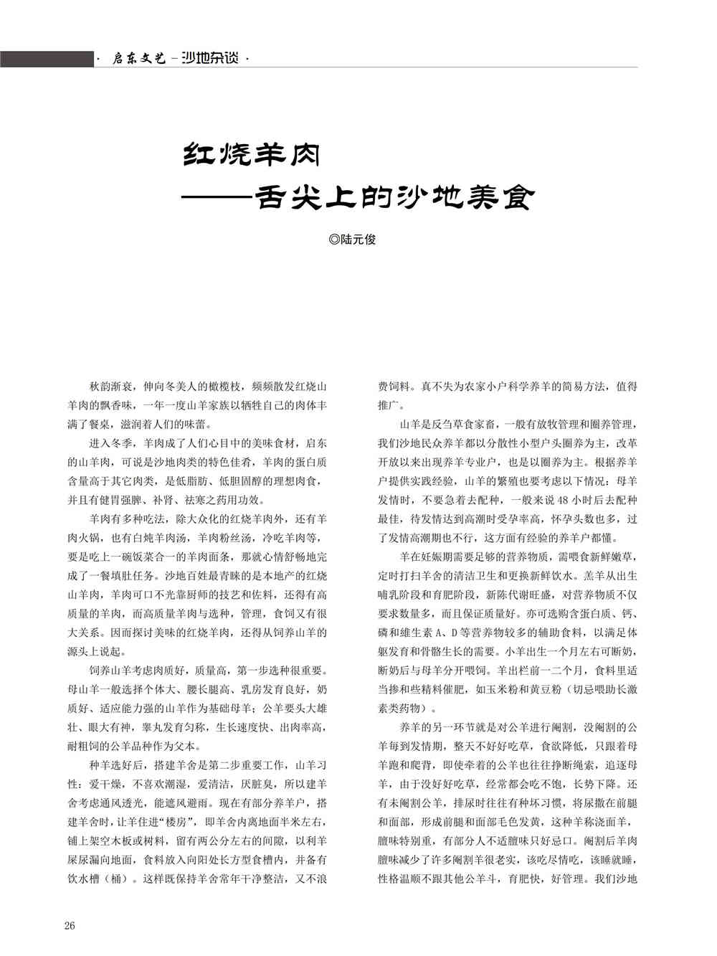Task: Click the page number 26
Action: tap(70, 925)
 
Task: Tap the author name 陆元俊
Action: tap(358, 240)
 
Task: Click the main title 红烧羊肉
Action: tap(252, 153)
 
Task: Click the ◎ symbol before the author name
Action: tap(333, 240)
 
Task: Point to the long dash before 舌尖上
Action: tap(218, 197)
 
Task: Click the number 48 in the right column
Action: tap(564, 500)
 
